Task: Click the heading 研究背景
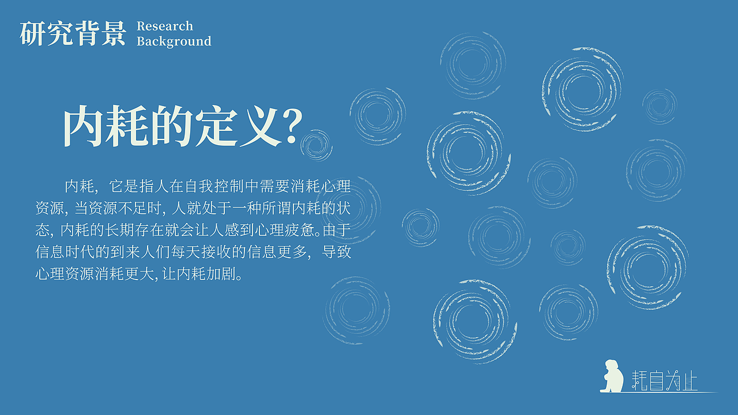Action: pyautogui.click(x=73, y=33)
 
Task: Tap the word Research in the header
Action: pyautogui.click(x=165, y=26)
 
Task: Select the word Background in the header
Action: pyautogui.click(x=174, y=41)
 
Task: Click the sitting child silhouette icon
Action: pyautogui.click(x=612, y=376)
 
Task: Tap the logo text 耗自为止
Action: pyautogui.click(x=665, y=381)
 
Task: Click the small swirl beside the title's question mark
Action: pyautogui.click(x=317, y=145)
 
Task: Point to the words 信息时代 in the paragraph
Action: pyautogui.click(x=63, y=252)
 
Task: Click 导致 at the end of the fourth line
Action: pyautogui.click(x=336, y=252)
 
